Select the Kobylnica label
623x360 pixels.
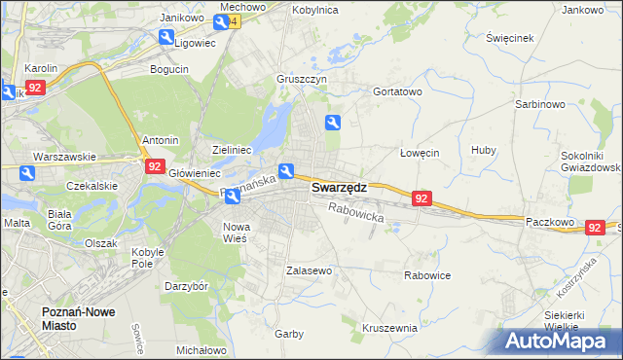click(x=313, y=9)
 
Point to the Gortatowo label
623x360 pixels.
click(x=397, y=91)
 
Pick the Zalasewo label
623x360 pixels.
click(x=310, y=270)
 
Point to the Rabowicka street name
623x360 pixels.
click(x=356, y=212)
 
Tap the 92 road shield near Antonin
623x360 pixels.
click(x=154, y=166)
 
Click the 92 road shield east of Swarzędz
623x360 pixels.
click(x=421, y=198)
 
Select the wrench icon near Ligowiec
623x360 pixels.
click(x=166, y=38)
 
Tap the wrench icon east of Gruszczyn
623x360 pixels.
click(x=333, y=123)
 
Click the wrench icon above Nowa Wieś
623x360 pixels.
click(x=233, y=198)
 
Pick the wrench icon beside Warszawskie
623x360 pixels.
click(x=27, y=173)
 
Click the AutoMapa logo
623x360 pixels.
click(x=557, y=342)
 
